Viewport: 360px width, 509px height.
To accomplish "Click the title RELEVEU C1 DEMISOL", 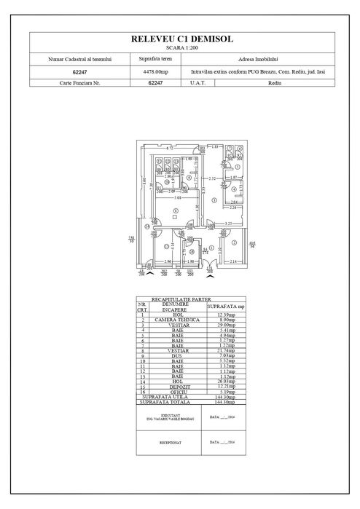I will point(179,39).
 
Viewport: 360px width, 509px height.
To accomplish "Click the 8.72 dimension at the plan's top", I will point(169,148).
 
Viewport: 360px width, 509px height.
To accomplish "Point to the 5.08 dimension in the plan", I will point(176,197).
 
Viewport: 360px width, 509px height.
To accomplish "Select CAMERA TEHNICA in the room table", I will point(179,320).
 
